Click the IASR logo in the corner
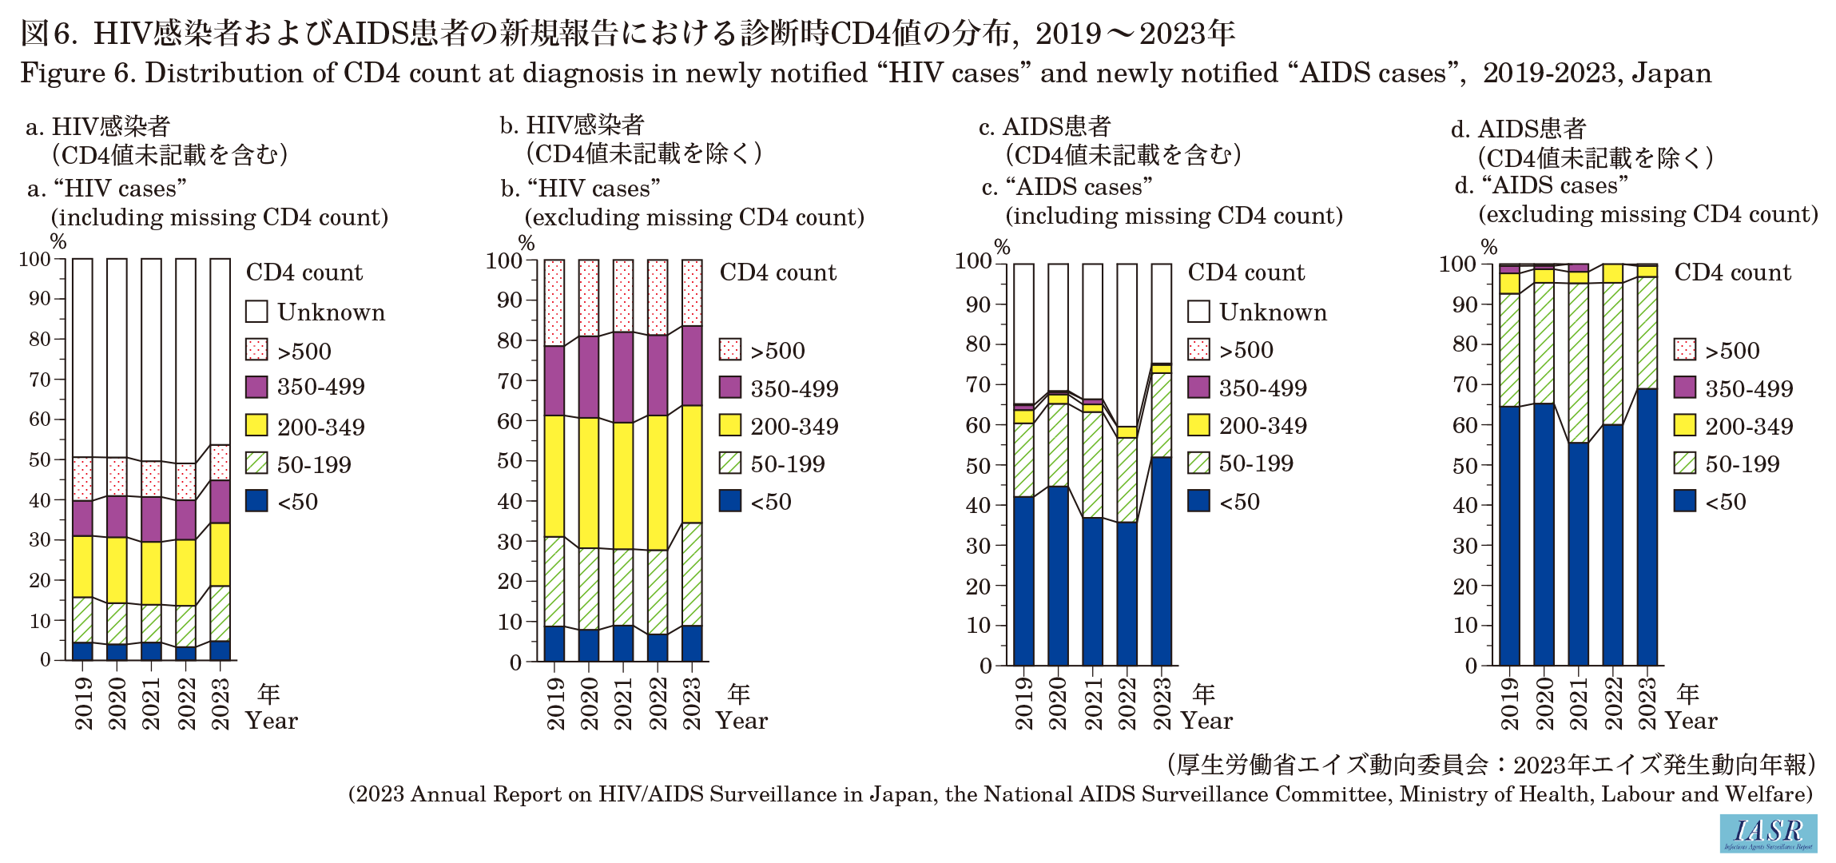coord(1768,833)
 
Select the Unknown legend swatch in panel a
coord(256,312)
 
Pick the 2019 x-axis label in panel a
coord(83,704)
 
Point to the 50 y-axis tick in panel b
coord(509,461)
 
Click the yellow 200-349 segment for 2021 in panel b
coord(623,485)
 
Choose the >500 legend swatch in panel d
coord(1684,350)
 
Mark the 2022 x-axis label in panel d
coord(1613,704)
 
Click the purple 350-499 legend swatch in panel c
coord(1198,388)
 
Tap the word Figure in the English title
coord(63,74)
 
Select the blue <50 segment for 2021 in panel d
coord(1578,554)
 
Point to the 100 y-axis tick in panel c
coord(973,261)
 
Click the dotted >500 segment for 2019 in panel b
coord(554,303)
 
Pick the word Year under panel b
coord(741,722)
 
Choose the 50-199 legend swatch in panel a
coord(256,463)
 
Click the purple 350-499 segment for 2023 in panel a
coord(221,502)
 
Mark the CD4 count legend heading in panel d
coord(1732,272)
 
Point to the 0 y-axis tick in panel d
coord(1471,666)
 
